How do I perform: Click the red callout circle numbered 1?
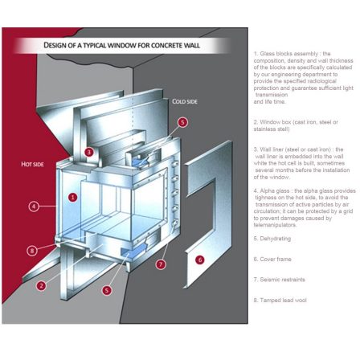pyautogui.click(x=72, y=196)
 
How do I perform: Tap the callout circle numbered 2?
pyautogui.click(x=41, y=284)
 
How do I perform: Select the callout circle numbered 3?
pyautogui.click(x=89, y=151)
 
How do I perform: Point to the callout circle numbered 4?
pyautogui.click(x=34, y=206)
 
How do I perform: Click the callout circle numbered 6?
pyautogui.click(x=200, y=260)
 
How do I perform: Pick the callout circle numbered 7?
pyautogui.click(x=161, y=264)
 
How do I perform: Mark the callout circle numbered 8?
pyautogui.click(x=32, y=250)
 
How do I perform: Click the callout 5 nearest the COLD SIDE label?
pyautogui.click(x=182, y=122)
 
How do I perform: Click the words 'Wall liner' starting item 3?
pyautogui.click(x=275, y=149)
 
